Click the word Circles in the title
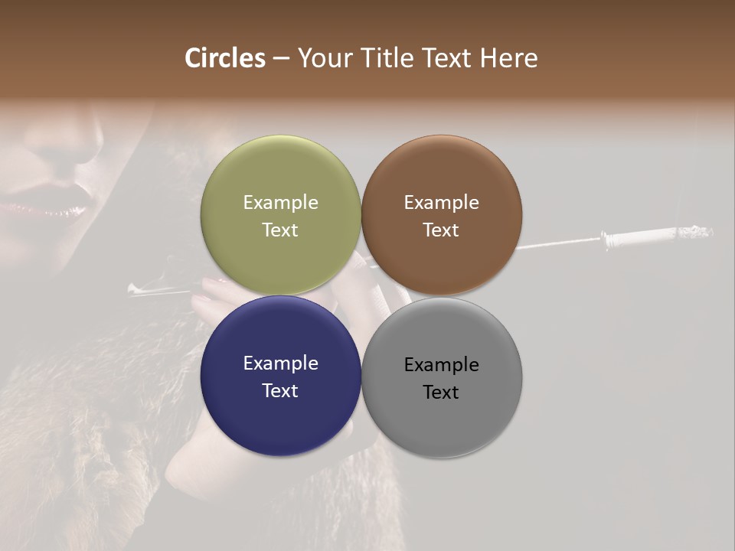224,58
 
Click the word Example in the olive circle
280,203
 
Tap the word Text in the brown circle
441,230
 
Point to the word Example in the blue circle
280,364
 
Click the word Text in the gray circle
441,393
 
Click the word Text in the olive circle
280,230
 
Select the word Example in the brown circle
441,203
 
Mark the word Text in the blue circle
280,391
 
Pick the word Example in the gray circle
441,365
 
